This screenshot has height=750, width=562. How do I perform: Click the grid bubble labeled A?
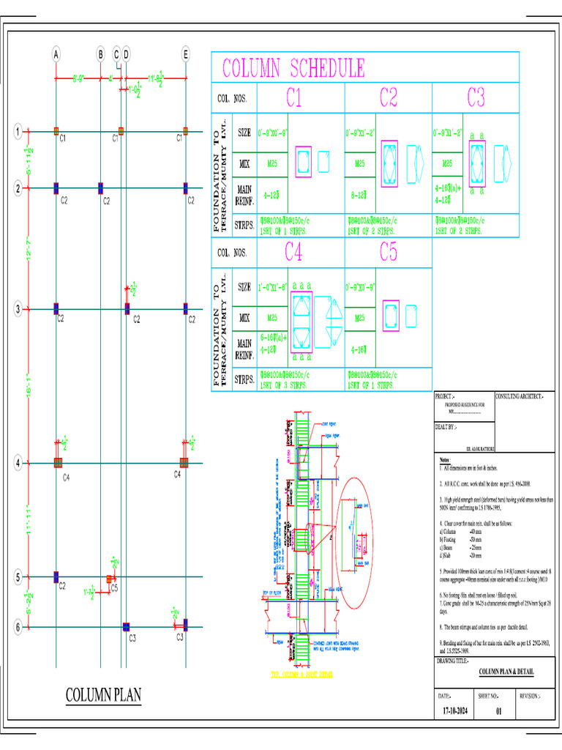pos(56,53)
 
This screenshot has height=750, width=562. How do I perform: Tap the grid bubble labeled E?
pos(186,53)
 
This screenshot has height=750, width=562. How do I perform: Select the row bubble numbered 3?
pos(18,309)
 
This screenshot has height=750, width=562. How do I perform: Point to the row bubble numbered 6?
pos(18,627)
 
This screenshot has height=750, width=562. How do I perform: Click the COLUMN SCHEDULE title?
pos(293,70)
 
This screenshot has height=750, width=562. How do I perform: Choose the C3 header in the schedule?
pos(476,97)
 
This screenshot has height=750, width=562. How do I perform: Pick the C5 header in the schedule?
pos(389,253)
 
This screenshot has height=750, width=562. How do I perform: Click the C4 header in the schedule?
pos(293,253)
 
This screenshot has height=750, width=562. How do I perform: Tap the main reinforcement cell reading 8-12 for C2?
pos(359,195)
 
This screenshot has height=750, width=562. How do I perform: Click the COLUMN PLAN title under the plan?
pos(103,694)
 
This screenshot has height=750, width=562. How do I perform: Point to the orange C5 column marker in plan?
pos(109,579)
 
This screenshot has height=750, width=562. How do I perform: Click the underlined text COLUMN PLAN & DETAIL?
pos(506,671)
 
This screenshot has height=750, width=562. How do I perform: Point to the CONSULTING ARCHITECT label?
pos(520,396)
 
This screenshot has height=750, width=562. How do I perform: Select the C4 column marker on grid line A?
pos(58,463)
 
